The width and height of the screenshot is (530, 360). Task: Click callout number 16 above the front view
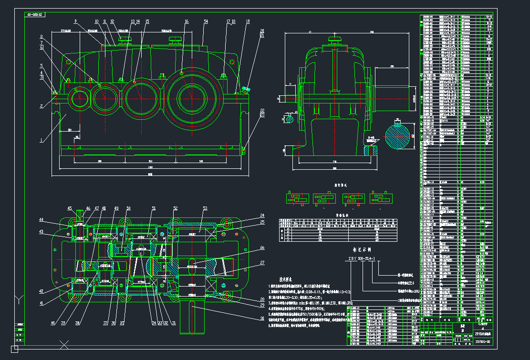(x=187, y=21)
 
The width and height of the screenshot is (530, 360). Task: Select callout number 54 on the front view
(x=206, y=21)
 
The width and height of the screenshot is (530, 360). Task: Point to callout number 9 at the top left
(x=75, y=21)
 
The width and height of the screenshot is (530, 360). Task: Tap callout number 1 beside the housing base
(x=42, y=141)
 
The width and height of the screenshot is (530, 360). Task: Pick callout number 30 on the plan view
(x=262, y=319)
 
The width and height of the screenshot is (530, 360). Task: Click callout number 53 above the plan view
(x=205, y=208)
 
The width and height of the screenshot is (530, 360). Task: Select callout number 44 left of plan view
(x=41, y=220)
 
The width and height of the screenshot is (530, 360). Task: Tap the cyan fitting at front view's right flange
(x=246, y=88)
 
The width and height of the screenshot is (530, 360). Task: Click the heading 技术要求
(x=288, y=281)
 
